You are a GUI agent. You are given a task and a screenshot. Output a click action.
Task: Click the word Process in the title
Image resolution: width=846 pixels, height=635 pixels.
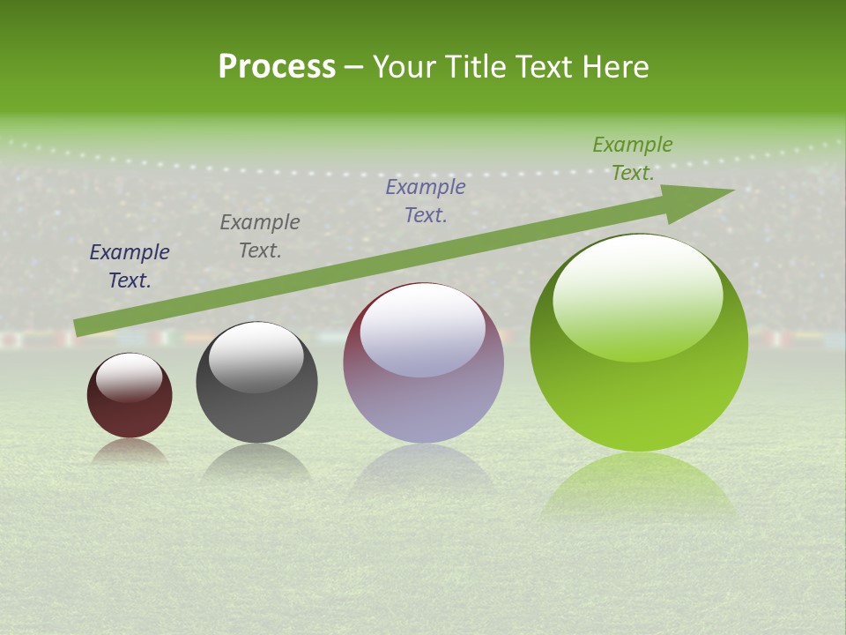(277, 67)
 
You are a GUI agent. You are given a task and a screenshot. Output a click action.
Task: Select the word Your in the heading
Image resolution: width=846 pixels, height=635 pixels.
(402, 67)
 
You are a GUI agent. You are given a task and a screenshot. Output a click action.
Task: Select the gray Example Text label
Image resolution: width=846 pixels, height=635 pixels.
(260, 236)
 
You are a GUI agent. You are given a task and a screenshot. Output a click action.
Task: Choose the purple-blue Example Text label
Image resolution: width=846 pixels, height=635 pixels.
(426, 200)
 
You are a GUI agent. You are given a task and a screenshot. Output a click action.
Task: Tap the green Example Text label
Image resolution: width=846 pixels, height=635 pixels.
(633, 159)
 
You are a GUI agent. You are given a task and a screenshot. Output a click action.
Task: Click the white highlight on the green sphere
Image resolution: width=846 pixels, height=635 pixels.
(638, 295)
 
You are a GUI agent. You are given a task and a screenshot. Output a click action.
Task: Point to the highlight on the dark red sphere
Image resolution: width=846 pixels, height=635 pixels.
(130, 377)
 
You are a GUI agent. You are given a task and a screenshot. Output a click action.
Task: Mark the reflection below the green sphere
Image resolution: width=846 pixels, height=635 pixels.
(638, 485)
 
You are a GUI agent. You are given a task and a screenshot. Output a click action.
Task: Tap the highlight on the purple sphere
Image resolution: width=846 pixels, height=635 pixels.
(423, 328)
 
